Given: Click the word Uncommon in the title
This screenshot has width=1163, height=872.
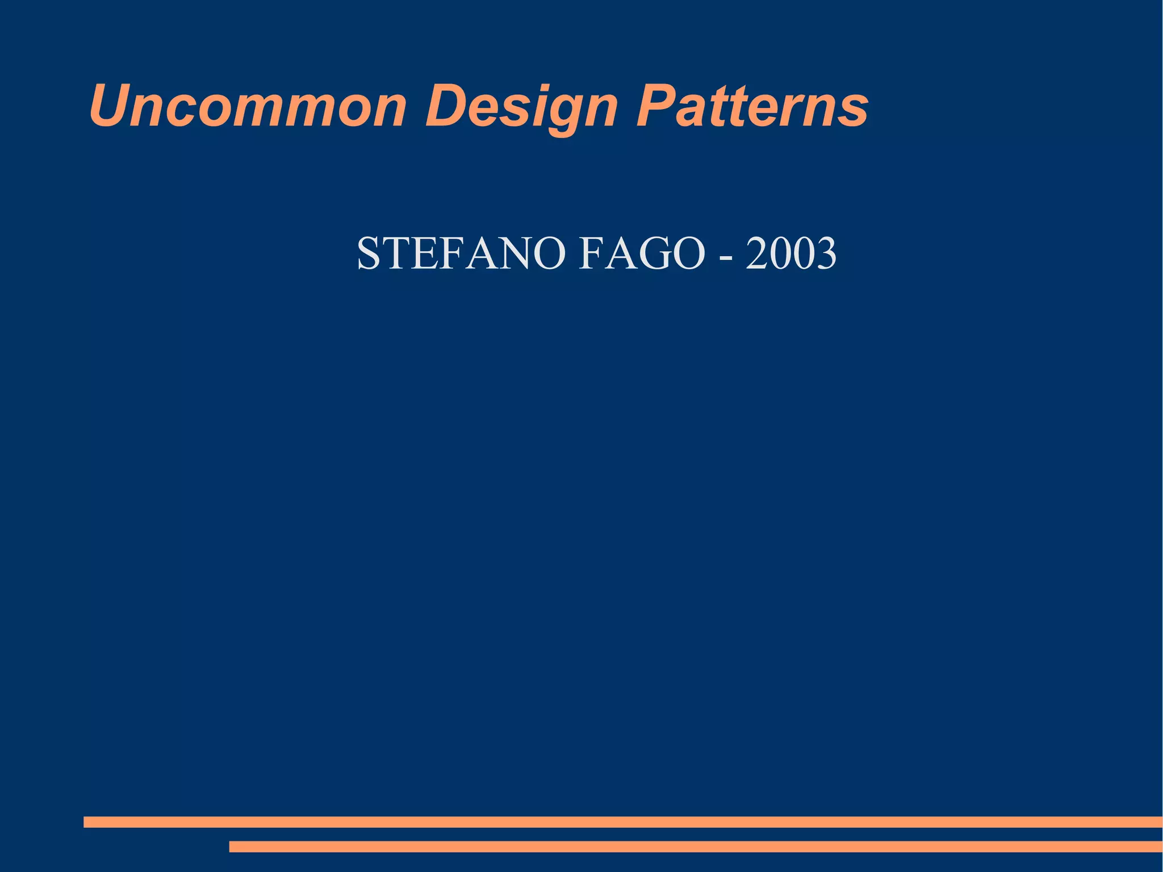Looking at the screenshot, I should coord(248,107).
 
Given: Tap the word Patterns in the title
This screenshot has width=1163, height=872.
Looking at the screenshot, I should coord(752,107).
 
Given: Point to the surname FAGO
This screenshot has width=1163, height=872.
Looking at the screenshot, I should coord(642,253).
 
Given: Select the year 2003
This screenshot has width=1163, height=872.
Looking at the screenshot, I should coord(791,253).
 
